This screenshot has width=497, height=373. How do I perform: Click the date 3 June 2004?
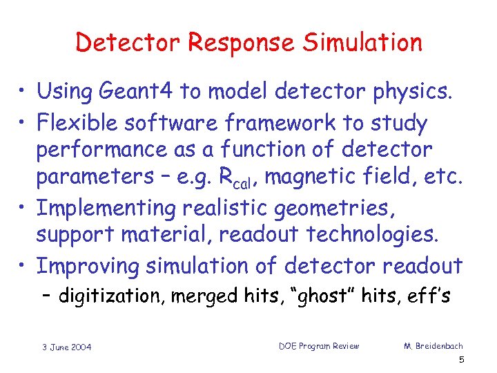[67, 347]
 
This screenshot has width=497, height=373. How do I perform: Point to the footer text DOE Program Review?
[318, 345]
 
